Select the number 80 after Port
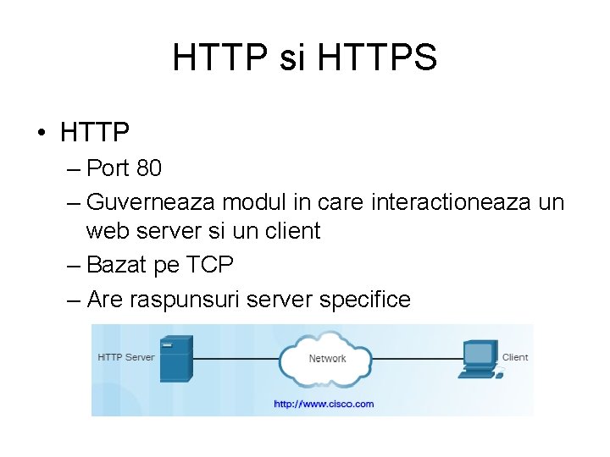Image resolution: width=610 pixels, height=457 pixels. [148, 168]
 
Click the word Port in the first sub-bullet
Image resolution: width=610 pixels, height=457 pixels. [108, 168]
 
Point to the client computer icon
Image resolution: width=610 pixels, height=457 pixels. [479, 359]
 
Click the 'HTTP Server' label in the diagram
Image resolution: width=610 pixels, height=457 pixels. [126, 357]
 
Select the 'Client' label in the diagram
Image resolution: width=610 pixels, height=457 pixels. [514, 357]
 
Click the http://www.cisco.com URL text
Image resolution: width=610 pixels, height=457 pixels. [323, 404]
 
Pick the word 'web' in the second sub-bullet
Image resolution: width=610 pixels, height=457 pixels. [108, 231]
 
